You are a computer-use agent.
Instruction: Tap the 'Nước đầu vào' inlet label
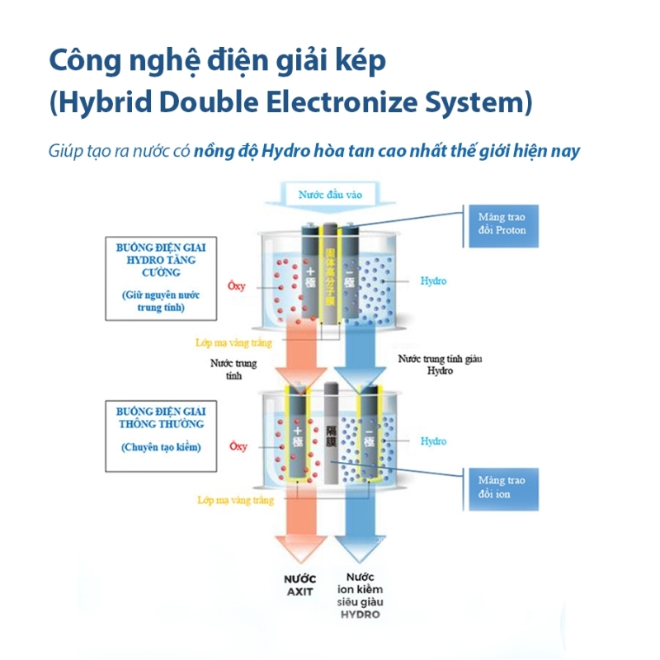coord(330,196)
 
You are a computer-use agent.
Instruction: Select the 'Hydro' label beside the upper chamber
coord(433,280)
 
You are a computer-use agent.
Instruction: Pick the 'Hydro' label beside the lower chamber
coord(433,441)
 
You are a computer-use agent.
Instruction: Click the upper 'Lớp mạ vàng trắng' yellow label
coord(235,342)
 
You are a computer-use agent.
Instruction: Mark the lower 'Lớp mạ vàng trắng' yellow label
coord(235,500)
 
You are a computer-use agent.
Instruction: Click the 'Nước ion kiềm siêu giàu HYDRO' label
coord(360,596)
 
